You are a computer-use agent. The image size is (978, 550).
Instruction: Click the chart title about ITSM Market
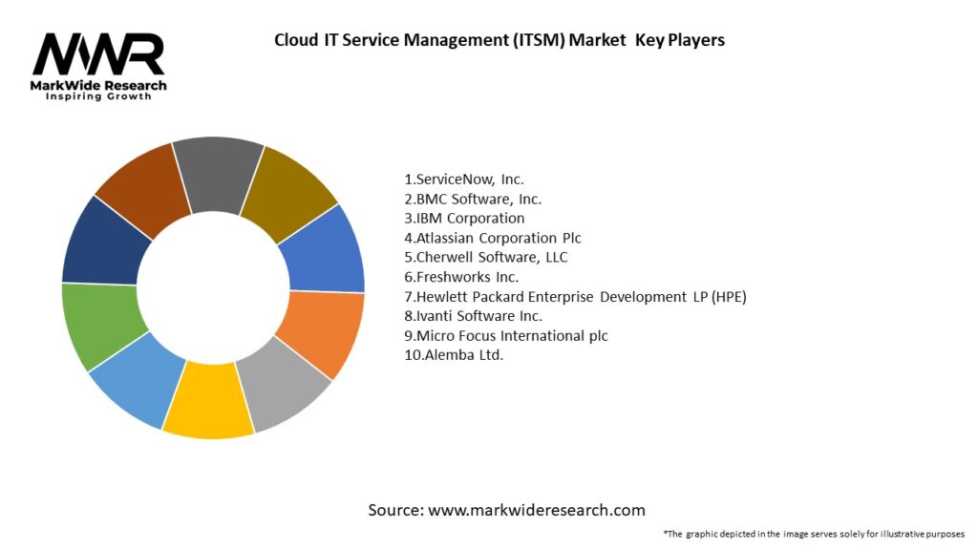499,40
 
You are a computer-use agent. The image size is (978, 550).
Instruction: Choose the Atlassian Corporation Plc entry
492,238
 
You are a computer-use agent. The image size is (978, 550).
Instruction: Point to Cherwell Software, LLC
485,257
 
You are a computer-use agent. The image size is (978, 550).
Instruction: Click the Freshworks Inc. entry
462,277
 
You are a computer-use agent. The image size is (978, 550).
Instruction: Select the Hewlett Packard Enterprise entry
575,297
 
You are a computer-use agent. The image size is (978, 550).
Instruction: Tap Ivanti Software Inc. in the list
473,316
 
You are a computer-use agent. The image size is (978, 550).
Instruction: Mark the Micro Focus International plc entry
505,336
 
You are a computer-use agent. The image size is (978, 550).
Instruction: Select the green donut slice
103,326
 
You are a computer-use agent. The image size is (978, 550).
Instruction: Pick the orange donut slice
321,334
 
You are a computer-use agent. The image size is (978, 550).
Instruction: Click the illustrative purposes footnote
814,534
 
